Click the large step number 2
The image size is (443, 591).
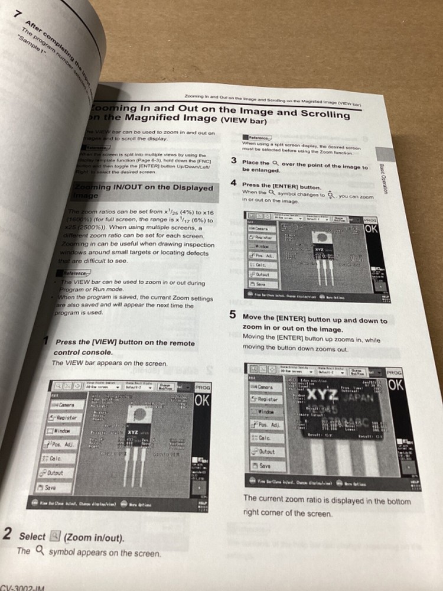click(x=7, y=534)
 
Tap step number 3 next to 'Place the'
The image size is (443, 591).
click(x=234, y=161)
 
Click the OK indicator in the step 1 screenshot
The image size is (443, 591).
click(x=203, y=400)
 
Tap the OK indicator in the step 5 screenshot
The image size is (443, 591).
click(x=395, y=385)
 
